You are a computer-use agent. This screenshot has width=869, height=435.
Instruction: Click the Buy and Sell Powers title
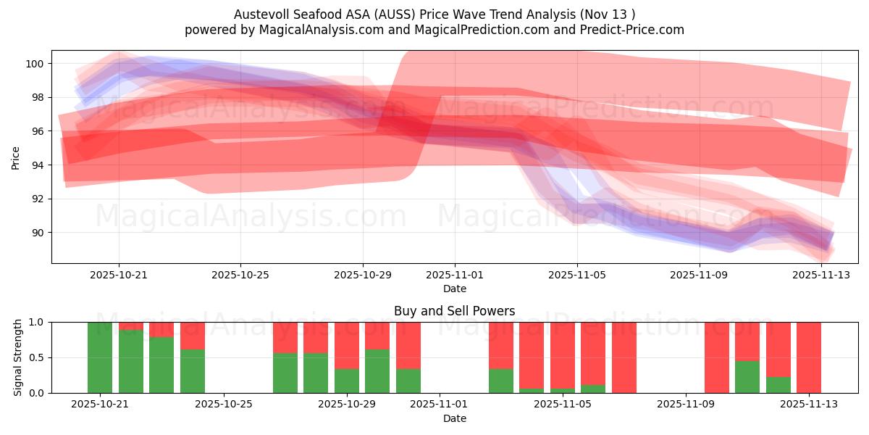click(x=454, y=311)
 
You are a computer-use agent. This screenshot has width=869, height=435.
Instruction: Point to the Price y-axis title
click(x=16, y=157)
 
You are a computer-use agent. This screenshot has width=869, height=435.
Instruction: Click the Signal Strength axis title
click(x=19, y=357)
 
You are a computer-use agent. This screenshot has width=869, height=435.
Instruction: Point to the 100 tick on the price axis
click(x=35, y=64)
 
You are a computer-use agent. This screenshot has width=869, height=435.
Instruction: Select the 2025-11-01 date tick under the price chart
click(x=455, y=275)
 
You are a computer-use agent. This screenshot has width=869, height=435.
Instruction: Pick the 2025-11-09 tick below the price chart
click(x=700, y=275)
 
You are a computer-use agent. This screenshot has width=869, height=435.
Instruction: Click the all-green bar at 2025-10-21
click(x=100, y=357)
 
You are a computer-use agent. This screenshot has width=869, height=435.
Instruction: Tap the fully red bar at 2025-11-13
click(x=809, y=357)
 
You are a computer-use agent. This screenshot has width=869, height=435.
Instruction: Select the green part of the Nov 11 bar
click(x=747, y=377)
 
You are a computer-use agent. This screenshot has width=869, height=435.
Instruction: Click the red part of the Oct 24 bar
click(x=193, y=336)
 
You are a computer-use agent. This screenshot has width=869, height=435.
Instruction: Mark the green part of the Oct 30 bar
click(x=377, y=371)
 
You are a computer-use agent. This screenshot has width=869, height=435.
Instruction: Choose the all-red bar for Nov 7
click(x=624, y=357)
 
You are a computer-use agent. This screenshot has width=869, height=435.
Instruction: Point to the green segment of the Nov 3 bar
click(x=501, y=381)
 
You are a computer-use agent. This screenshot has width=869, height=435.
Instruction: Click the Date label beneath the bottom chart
click(x=454, y=418)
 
